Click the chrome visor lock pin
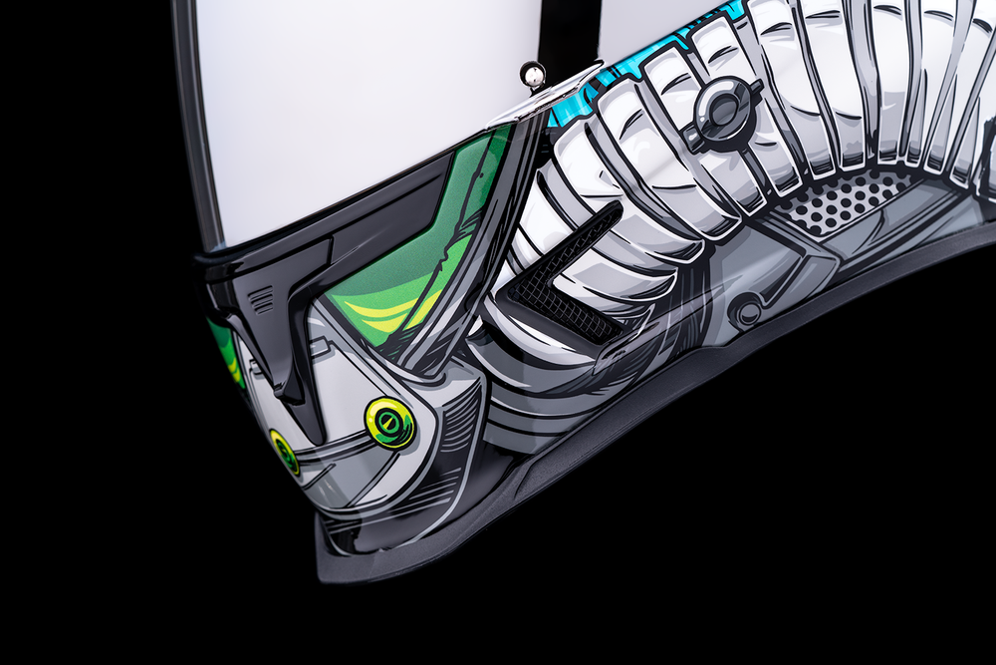(x=533, y=75)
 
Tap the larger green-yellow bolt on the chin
(x=390, y=422)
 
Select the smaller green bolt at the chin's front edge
(x=285, y=452)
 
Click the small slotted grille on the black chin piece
(x=261, y=298)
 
